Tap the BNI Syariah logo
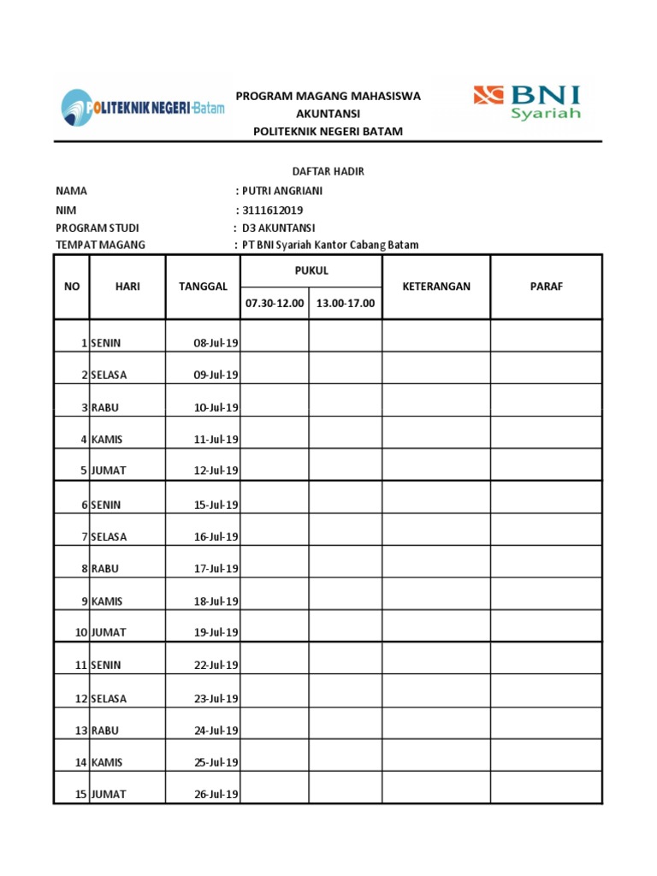[x=527, y=102]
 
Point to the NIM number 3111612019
[x=273, y=210]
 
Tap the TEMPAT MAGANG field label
[x=100, y=246]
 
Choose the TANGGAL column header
[x=203, y=287]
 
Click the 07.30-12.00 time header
[x=275, y=303]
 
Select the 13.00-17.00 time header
[x=346, y=303]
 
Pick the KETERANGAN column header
[x=436, y=287]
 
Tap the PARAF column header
[x=547, y=287]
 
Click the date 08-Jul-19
[x=216, y=343]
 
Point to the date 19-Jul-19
[x=216, y=632]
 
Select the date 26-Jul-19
[x=216, y=794]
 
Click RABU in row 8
[x=104, y=568]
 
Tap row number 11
[x=81, y=665]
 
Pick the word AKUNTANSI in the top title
[x=328, y=114]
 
